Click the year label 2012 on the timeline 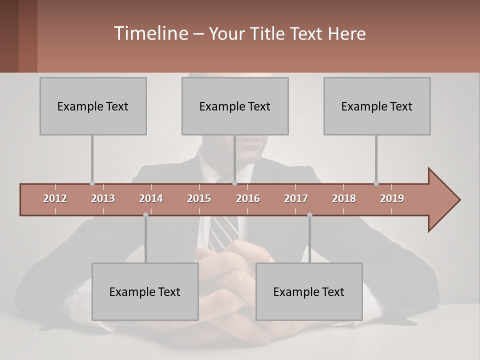[55, 198]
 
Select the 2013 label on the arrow [103, 198]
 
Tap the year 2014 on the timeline [151, 198]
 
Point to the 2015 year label [199, 198]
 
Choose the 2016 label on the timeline [248, 198]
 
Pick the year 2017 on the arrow [296, 198]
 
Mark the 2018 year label [344, 198]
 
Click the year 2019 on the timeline [392, 198]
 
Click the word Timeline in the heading [150, 33]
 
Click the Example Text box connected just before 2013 [93, 106]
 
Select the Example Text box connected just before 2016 [235, 106]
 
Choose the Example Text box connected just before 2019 [377, 106]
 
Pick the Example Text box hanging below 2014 [145, 291]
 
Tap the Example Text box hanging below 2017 [309, 291]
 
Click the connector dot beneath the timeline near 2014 [145, 214]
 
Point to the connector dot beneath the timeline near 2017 [309, 214]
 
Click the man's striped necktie [224, 232]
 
